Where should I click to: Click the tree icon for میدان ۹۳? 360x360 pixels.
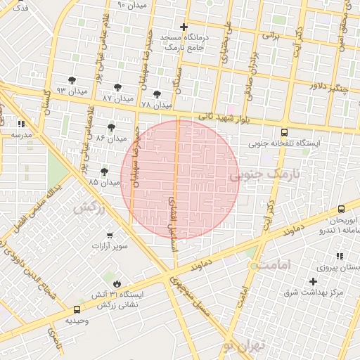coord(72,81)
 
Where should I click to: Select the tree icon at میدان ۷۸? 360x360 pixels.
coord(157,94)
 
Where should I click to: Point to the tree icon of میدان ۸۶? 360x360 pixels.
coord(111,127)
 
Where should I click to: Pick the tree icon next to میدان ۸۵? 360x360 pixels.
coord(105,172)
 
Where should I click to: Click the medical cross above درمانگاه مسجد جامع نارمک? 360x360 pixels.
coord(184,27)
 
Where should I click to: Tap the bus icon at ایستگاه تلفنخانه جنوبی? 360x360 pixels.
coord(284,132)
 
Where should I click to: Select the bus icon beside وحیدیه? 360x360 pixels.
coord(77,309)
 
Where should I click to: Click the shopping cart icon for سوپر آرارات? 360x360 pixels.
coord(110,236)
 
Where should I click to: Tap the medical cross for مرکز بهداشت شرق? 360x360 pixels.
coord(313,282)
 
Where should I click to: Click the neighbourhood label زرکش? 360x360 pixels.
coord(89,207)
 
